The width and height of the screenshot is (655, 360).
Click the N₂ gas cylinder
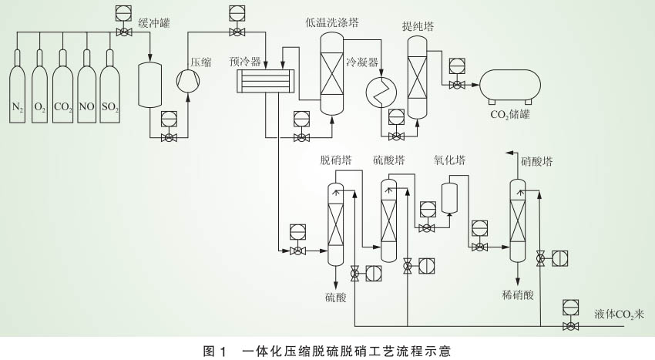[x=18, y=86]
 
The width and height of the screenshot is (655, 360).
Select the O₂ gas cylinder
[x=40, y=86]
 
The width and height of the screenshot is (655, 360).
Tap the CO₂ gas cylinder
[x=63, y=86]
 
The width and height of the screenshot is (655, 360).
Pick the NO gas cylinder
[x=86, y=86]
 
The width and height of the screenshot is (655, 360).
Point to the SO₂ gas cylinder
[x=109, y=86]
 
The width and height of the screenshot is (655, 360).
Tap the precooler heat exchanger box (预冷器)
[x=265, y=81]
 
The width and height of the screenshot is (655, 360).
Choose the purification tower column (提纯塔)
[x=417, y=79]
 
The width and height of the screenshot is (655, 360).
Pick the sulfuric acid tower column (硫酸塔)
[x=388, y=220]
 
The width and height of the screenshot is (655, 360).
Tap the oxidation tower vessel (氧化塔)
[x=449, y=197]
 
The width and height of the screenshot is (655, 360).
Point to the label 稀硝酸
[x=516, y=294]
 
